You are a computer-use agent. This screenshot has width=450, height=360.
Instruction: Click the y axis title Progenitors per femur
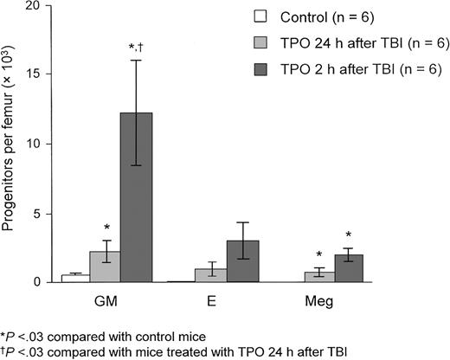point(10,144)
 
